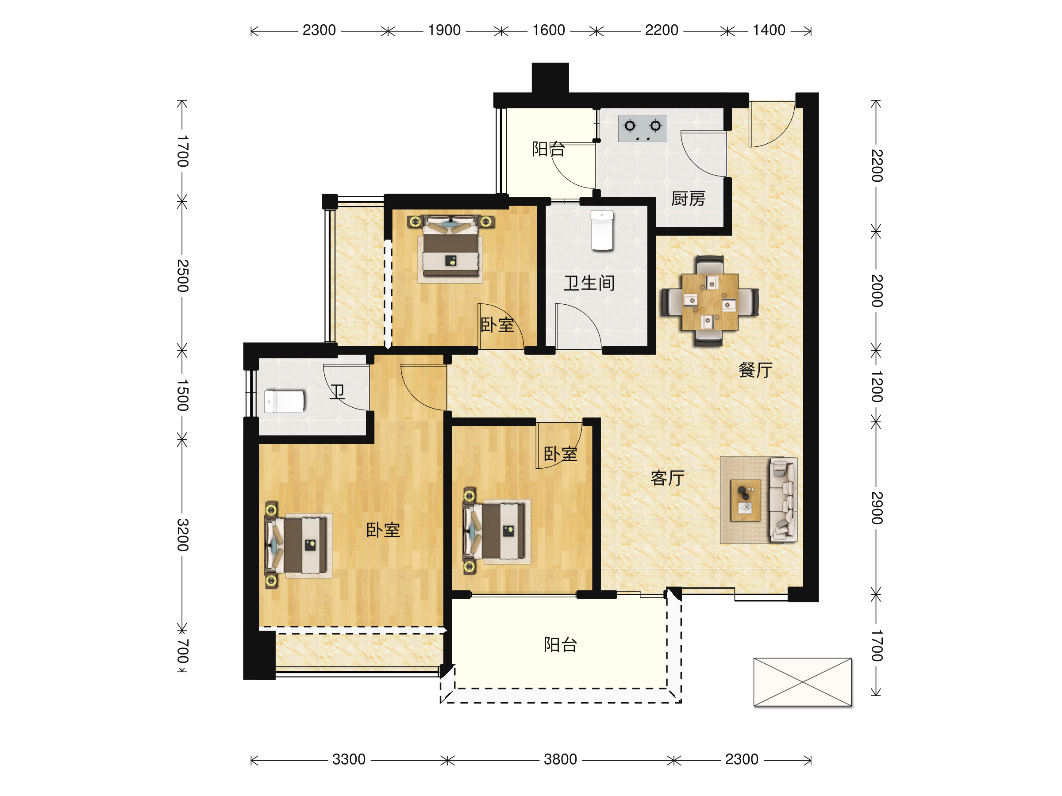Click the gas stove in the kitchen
[x=643, y=128]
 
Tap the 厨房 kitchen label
[x=688, y=198]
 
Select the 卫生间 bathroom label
[x=589, y=283]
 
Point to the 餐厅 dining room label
[x=755, y=370]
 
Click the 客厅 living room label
[x=667, y=478]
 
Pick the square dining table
[x=710, y=301]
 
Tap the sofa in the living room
[x=783, y=500]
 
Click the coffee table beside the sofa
[x=745, y=500]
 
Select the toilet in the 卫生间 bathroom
[x=602, y=230]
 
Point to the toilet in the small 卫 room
[x=284, y=401]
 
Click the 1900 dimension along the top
[x=444, y=30]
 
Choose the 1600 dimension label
[x=548, y=30]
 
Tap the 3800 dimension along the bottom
[x=560, y=760]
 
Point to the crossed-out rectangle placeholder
[x=803, y=682]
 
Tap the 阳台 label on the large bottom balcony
[x=560, y=645]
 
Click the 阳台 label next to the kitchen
[x=548, y=149]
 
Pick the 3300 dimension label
[x=349, y=760]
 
